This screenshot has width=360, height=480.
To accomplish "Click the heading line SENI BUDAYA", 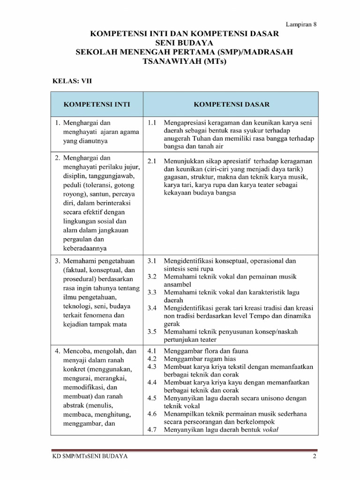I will coord(184,43).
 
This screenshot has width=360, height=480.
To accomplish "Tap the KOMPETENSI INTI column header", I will coord(97,104).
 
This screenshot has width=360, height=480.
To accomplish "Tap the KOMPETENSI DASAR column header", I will coord(232,104).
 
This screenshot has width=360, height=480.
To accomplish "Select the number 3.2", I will coord(151,277).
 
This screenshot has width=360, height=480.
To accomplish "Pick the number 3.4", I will coord(151,308).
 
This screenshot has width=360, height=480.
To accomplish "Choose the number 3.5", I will coord(151,331).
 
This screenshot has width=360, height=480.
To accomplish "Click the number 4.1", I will coord(151,351).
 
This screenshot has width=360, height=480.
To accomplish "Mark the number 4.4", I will coord(151,382).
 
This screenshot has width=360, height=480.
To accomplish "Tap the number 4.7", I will coord(151,430).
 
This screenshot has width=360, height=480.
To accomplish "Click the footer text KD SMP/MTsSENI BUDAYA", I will coord(90,456).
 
